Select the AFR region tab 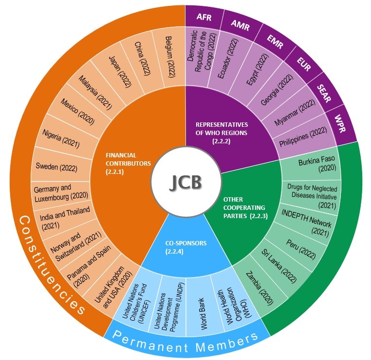pyautogui.click(x=203, y=18)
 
